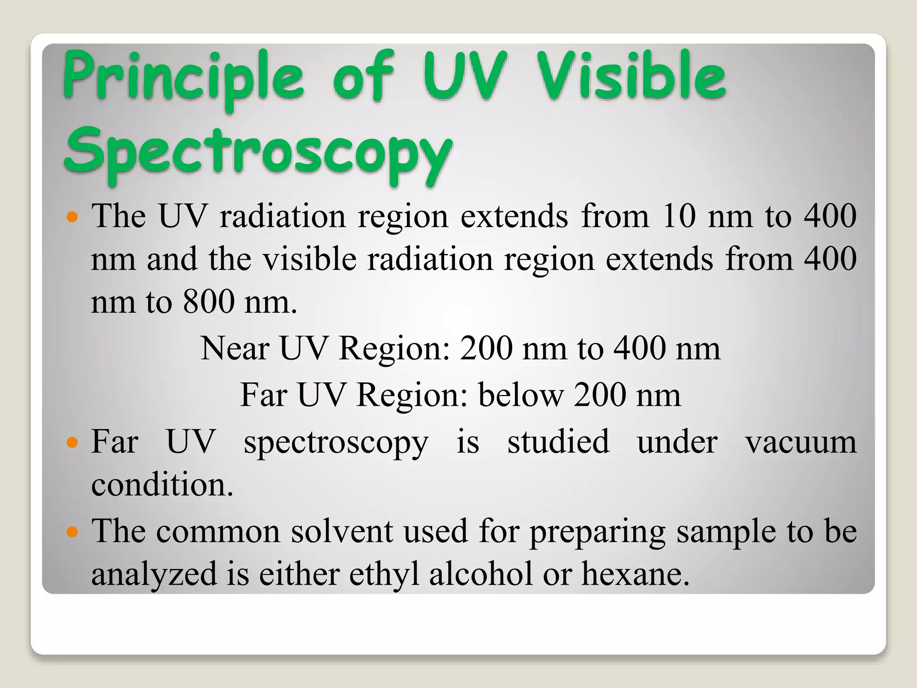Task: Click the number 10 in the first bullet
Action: coord(678,216)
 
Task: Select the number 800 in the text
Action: coord(208,302)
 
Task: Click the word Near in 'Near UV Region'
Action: coord(235,349)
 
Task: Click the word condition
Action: coord(162,486)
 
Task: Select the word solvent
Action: coord(342,532)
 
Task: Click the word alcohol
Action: coord(481,574)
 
